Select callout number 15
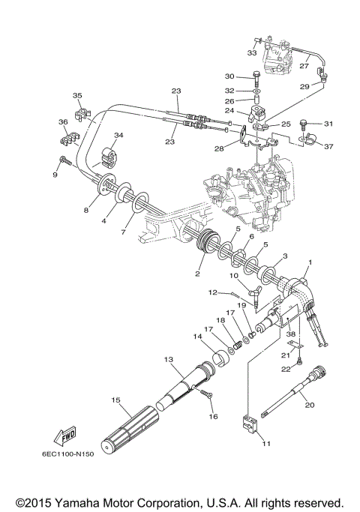coord(116,400)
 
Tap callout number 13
coord(169,359)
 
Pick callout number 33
coord(251,53)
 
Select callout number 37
coord(328,146)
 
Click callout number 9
coord(54,175)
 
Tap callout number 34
coord(118,135)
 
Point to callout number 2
coord(197,274)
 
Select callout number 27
coord(304,66)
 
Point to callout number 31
coord(327,124)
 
